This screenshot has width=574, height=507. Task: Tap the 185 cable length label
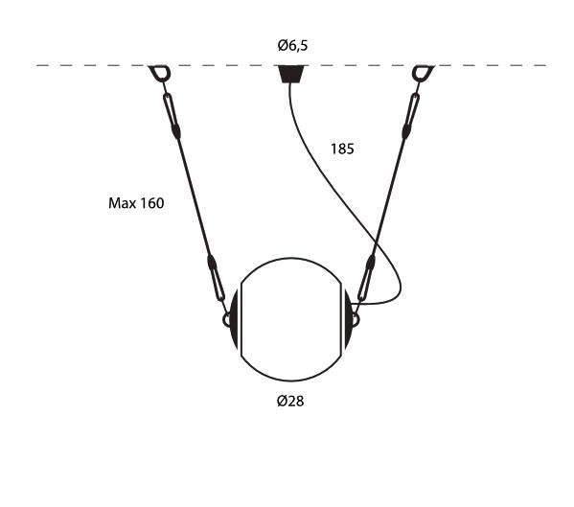(x=342, y=149)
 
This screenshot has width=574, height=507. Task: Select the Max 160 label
(x=136, y=203)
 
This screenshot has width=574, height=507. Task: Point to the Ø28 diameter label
(x=290, y=401)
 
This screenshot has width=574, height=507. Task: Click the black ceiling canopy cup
(x=289, y=74)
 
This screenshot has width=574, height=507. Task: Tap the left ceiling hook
(x=159, y=73)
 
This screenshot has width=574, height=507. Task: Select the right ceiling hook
(x=422, y=73)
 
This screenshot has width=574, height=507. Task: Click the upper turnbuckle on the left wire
(x=172, y=114)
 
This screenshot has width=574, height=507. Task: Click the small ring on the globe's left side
(x=227, y=321)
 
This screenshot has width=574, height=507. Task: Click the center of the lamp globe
(x=290, y=319)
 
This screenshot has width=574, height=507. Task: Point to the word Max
(x=121, y=203)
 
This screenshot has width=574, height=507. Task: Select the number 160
(x=150, y=203)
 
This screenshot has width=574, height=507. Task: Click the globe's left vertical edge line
(x=241, y=319)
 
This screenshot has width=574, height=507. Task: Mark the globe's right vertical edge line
(x=340, y=319)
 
